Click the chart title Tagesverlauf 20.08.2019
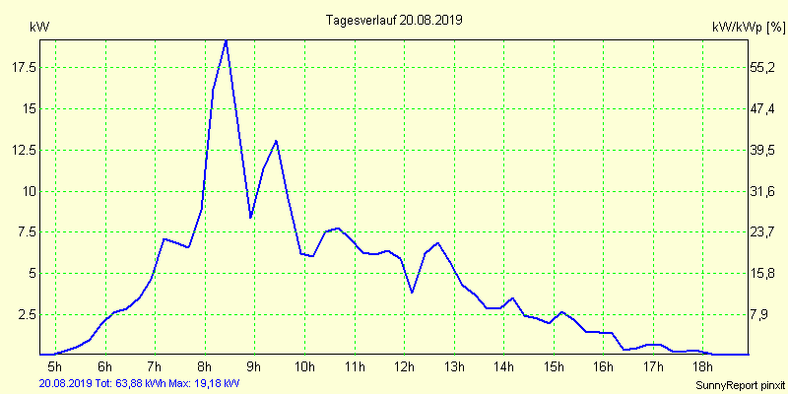tap(394, 19)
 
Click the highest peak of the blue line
tap(227, 39)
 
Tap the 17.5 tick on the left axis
tap(25, 67)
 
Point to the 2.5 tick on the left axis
tap(28, 314)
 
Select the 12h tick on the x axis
tap(404, 368)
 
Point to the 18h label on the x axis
tap(702, 368)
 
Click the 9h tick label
tap(254, 368)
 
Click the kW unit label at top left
tap(39, 27)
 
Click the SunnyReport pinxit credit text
tap(740, 384)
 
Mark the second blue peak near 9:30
tap(276, 141)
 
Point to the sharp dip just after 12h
tap(412, 293)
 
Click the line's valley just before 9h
tap(251, 217)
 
